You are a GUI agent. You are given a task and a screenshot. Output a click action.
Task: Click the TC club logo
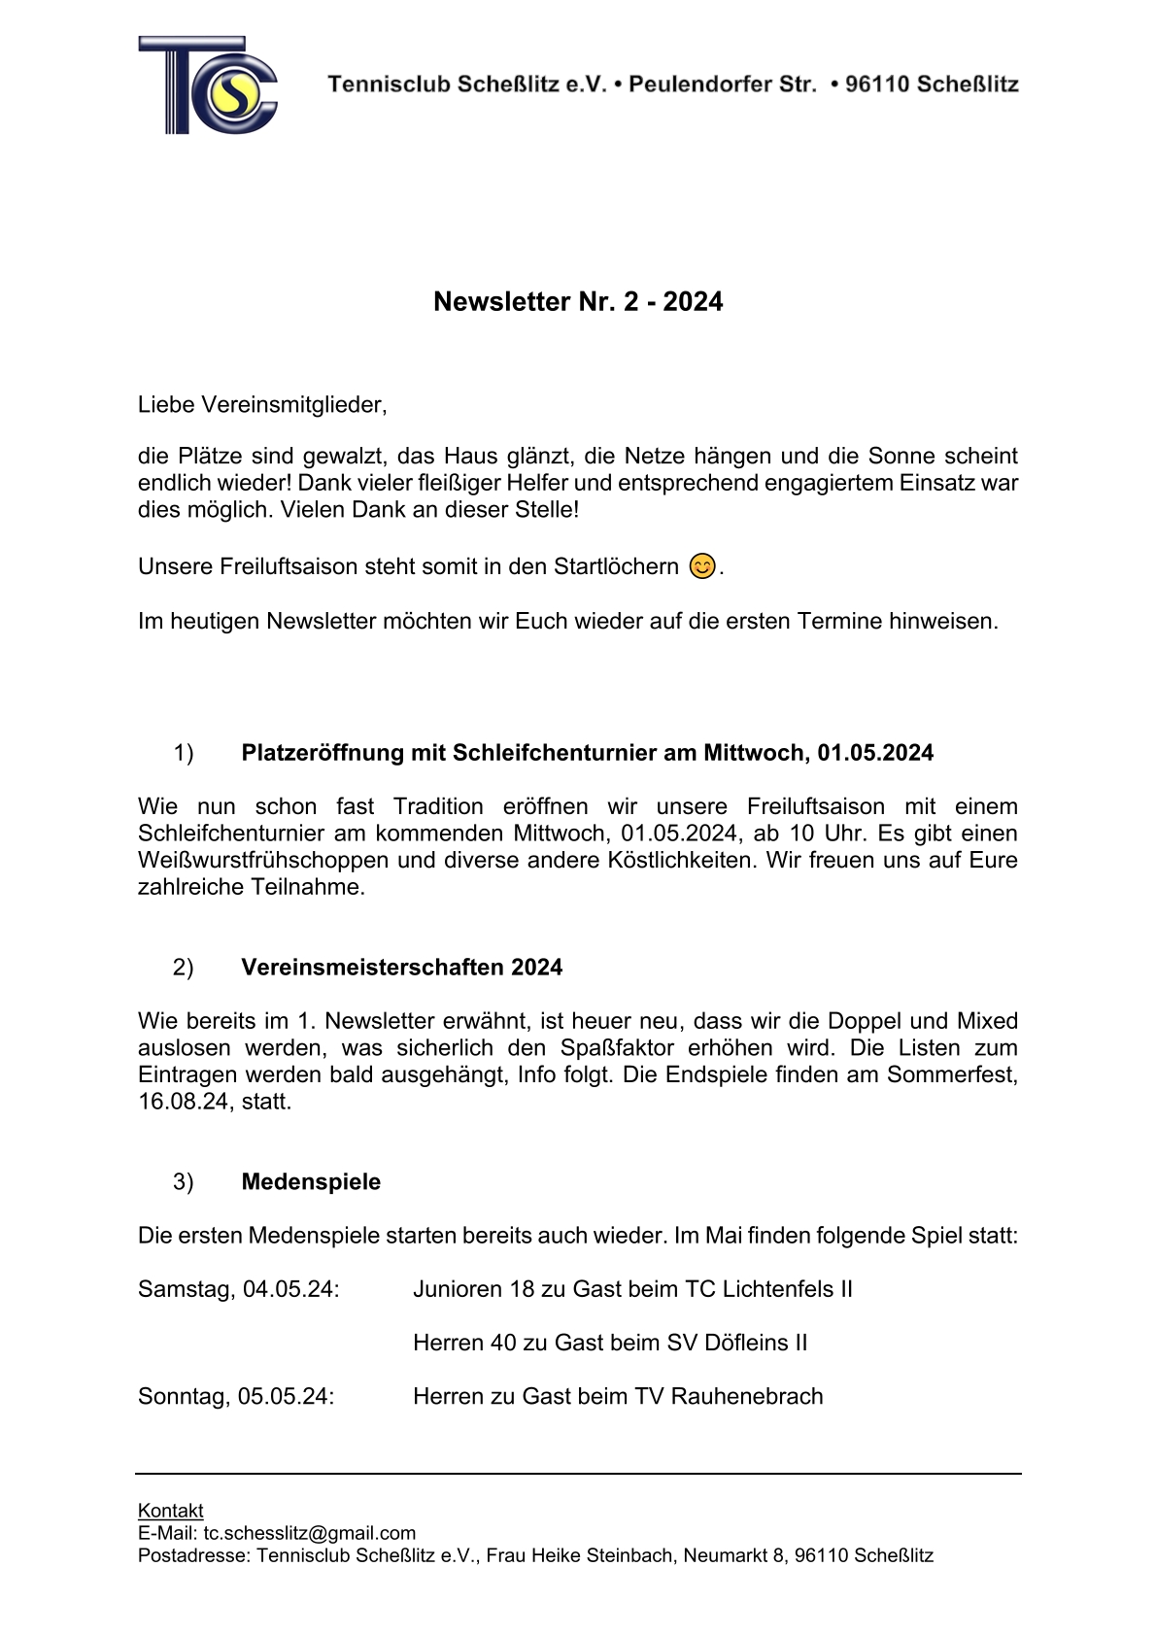tap(208, 85)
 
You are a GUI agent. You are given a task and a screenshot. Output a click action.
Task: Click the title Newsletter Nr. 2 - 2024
tap(578, 302)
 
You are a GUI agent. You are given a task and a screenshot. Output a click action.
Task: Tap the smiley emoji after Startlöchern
tap(702, 565)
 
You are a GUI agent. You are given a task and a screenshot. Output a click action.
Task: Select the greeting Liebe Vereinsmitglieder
tap(262, 405)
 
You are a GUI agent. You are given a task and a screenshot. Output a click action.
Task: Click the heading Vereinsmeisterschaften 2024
tap(401, 968)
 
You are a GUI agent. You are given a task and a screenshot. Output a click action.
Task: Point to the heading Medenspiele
tap(311, 1182)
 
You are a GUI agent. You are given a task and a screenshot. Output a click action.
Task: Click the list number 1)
tap(183, 753)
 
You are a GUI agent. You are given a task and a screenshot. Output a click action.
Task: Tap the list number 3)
tap(183, 1182)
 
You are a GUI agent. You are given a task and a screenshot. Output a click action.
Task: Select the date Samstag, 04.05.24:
tap(239, 1289)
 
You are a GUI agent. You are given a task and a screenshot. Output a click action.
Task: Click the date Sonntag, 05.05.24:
tap(236, 1396)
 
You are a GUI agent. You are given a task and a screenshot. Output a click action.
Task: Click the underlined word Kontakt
tap(171, 1511)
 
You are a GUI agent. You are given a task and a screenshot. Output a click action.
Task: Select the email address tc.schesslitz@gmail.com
tap(309, 1533)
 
